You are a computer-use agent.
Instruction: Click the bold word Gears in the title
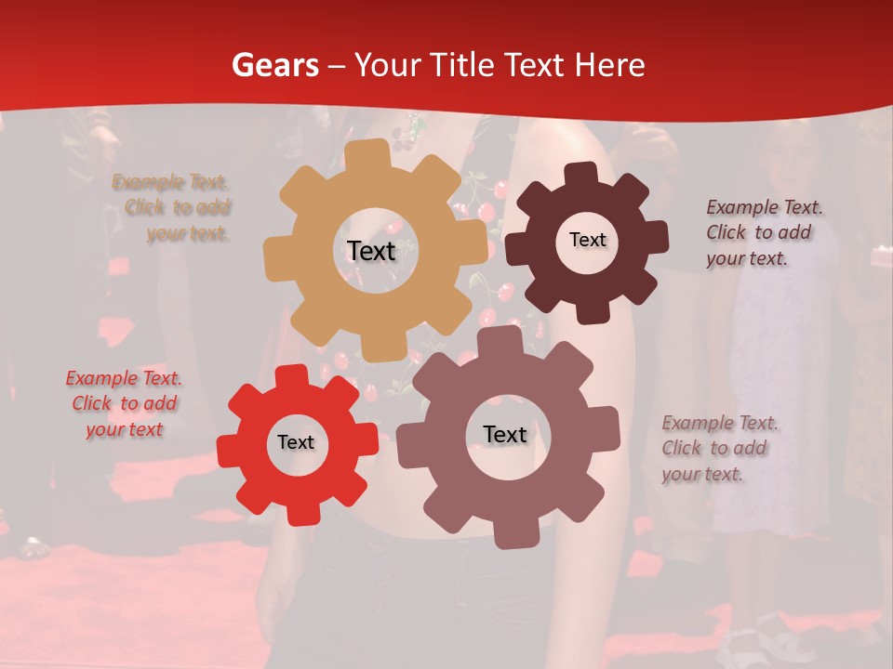(x=275, y=65)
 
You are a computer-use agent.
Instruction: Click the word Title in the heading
(x=465, y=65)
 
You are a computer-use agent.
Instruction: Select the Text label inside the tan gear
(x=371, y=251)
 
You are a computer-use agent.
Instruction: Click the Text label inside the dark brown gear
(x=587, y=240)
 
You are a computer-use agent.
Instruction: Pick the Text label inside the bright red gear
(x=296, y=442)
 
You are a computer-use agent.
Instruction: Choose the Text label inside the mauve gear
(x=504, y=434)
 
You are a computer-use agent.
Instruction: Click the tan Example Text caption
(x=172, y=207)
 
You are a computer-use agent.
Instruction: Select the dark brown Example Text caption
(x=763, y=232)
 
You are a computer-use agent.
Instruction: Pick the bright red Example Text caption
(x=124, y=403)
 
